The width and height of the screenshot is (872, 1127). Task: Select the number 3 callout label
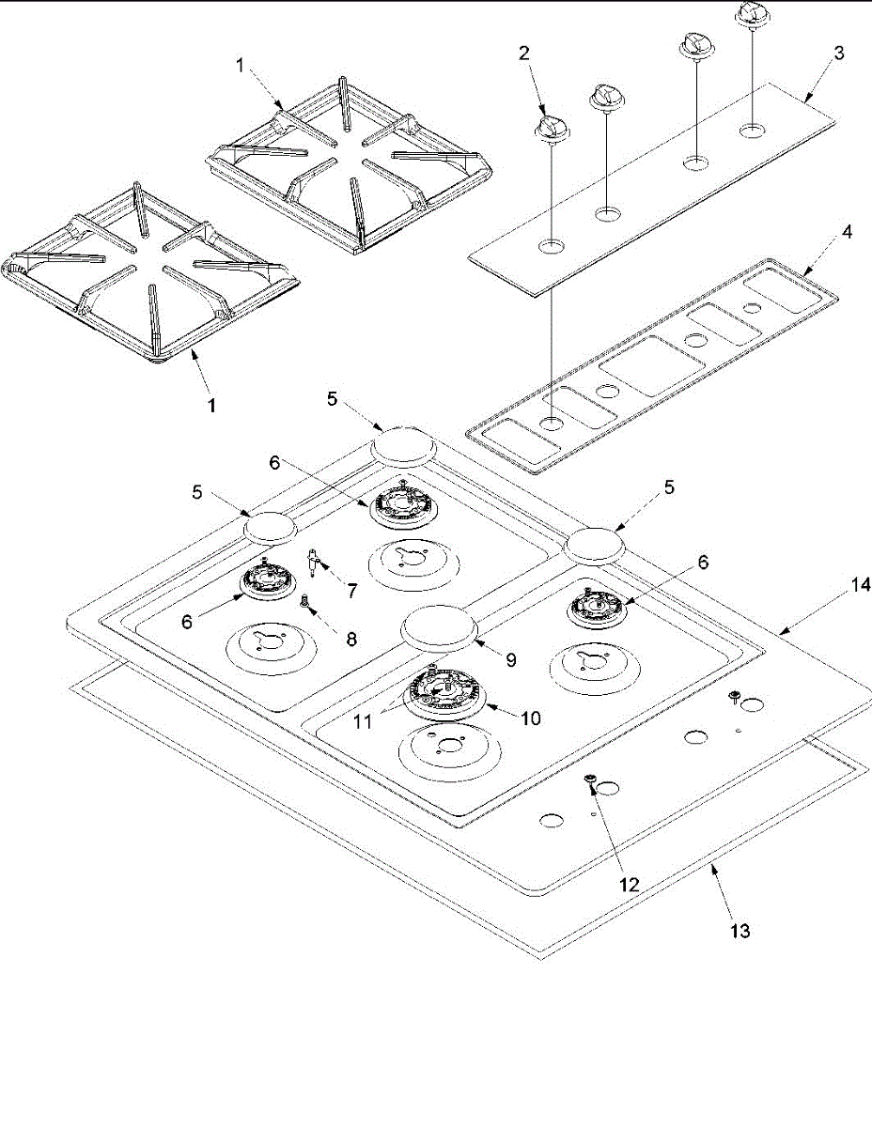839,54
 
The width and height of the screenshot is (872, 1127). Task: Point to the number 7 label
351,591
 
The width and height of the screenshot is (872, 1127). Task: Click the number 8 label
351,639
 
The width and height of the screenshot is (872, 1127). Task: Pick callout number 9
511,659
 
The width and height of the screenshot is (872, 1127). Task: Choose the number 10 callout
530,718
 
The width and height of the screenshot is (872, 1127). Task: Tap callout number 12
629,884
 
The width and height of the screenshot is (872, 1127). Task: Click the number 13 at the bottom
740,931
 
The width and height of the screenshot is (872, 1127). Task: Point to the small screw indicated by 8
304,601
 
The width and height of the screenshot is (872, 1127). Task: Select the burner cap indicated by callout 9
440,627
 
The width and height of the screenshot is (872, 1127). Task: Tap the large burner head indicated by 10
448,697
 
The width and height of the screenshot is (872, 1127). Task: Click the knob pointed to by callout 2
551,128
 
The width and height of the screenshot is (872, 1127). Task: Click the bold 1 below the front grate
212,406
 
